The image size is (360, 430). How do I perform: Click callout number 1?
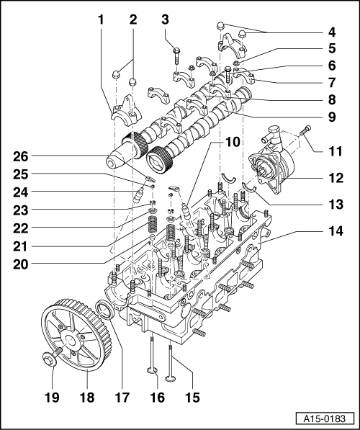click(100, 21)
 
